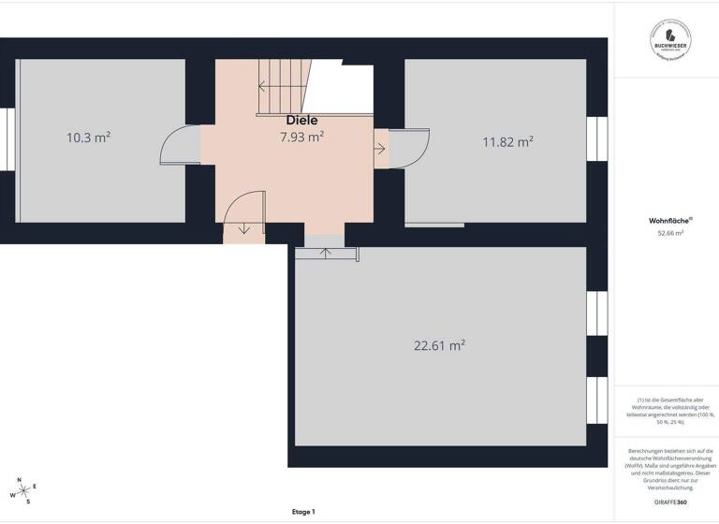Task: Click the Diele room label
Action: [301, 120]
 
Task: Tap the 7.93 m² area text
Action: [301, 137]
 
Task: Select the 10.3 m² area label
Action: [89, 137]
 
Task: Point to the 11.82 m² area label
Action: [507, 141]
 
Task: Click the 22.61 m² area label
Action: [439, 345]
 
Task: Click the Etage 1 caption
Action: [302, 512]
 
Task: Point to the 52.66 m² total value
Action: [670, 233]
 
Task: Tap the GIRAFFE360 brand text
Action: [669, 502]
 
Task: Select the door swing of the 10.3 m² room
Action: [179, 148]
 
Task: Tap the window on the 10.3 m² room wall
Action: [7, 140]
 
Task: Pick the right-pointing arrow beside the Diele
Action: [379, 148]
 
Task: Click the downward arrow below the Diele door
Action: [244, 228]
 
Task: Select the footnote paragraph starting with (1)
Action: [669, 412]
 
